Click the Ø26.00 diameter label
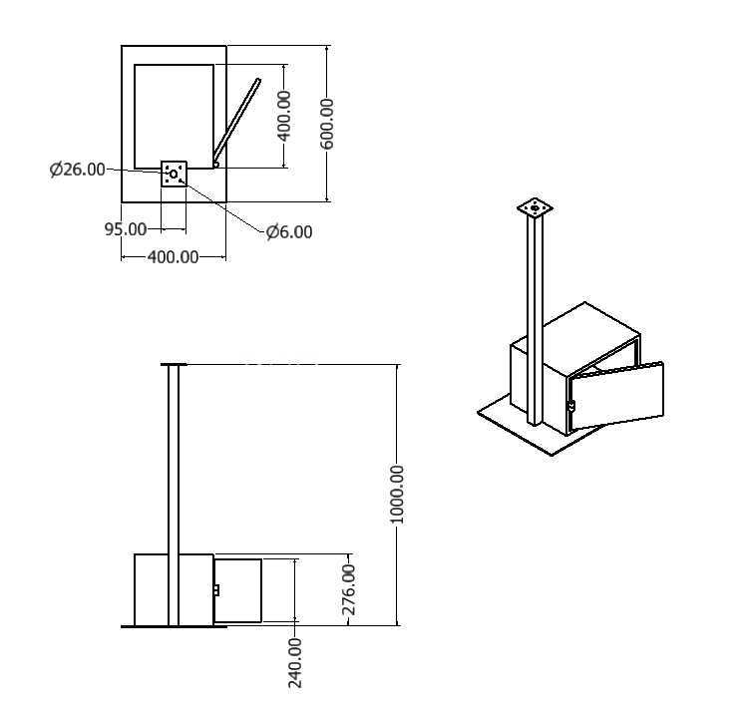(x=77, y=170)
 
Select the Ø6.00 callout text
(x=289, y=232)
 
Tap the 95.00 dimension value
(x=126, y=229)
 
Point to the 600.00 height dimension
(x=327, y=124)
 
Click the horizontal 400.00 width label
(x=173, y=257)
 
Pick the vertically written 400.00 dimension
(x=284, y=116)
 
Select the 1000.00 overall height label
(x=396, y=495)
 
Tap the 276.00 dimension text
(x=349, y=589)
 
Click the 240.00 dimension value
(x=295, y=663)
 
